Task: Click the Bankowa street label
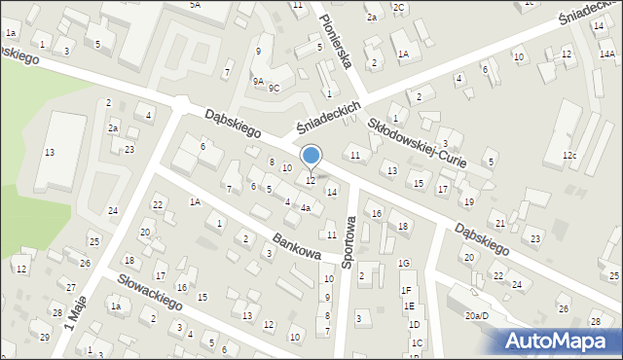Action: [297, 245]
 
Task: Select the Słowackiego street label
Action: [150, 290]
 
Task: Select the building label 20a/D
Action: [475, 316]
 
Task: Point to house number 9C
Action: [275, 88]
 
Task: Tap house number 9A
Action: [258, 83]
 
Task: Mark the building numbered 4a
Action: [306, 207]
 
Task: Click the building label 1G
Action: [404, 264]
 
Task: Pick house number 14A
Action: [606, 55]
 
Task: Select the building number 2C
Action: [399, 7]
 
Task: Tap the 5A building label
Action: [195, 5]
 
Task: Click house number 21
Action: [499, 224]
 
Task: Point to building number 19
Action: [468, 201]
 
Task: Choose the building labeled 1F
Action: [407, 290]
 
